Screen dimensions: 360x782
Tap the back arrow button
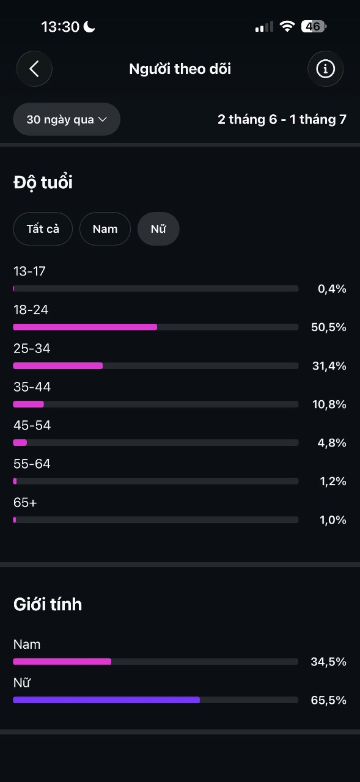(x=34, y=69)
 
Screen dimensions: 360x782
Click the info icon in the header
(x=325, y=69)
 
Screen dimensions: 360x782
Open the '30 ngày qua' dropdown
(x=67, y=119)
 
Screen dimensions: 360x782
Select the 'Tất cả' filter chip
(x=43, y=229)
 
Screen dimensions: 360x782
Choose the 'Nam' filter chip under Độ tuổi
(x=105, y=229)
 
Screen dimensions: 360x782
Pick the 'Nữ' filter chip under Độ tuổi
(x=158, y=229)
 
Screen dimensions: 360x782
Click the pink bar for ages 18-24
(x=85, y=327)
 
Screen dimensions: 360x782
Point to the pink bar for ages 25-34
(x=58, y=366)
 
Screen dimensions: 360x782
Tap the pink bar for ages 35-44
(x=29, y=404)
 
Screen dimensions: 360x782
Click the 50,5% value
(x=329, y=327)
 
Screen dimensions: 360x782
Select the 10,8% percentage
(x=329, y=404)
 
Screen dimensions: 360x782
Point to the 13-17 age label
(x=29, y=271)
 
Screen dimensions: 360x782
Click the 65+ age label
(x=25, y=503)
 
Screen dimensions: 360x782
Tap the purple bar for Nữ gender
(x=106, y=700)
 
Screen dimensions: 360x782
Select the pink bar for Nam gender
(x=62, y=662)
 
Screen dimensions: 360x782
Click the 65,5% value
(x=329, y=700)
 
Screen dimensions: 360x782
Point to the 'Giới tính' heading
(x=48, y=604)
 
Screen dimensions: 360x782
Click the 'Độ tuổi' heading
(x=43, y=182)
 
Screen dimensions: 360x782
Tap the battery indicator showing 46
(x=314, y=26)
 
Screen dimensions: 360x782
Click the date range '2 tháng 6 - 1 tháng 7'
(x=282, y=119)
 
